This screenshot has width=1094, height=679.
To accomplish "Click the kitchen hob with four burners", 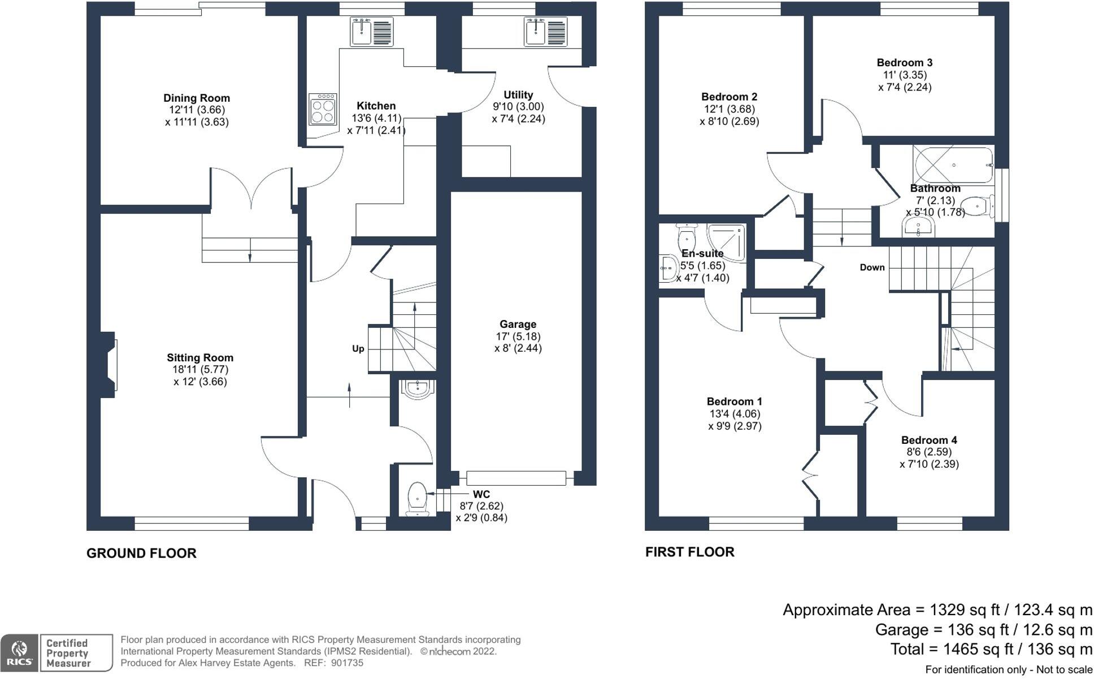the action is point(323,109).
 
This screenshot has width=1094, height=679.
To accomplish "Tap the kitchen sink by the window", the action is point(372,32).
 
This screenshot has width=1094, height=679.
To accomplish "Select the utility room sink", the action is point(546,32).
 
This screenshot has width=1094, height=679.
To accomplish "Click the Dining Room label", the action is point(197,98).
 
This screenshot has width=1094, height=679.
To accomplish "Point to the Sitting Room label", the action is point(200,357).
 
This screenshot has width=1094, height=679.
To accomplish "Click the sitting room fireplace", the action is point(108,365).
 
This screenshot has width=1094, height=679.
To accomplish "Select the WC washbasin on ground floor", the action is point(418,388).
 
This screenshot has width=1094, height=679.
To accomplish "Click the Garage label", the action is point(518,324).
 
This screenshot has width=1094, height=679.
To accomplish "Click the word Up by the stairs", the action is point(358,349).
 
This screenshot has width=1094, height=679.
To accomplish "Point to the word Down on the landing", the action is point(872,267).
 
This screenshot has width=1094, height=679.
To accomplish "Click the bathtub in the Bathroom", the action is point(953,165).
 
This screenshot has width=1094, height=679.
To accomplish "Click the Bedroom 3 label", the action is point(905,63).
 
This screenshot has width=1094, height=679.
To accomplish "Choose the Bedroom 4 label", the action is point(929,440).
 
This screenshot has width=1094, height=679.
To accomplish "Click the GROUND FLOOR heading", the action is point(141,553).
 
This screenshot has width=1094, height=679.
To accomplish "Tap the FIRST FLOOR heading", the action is point(690,552).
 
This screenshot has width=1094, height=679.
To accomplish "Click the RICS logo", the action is point(19,653).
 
